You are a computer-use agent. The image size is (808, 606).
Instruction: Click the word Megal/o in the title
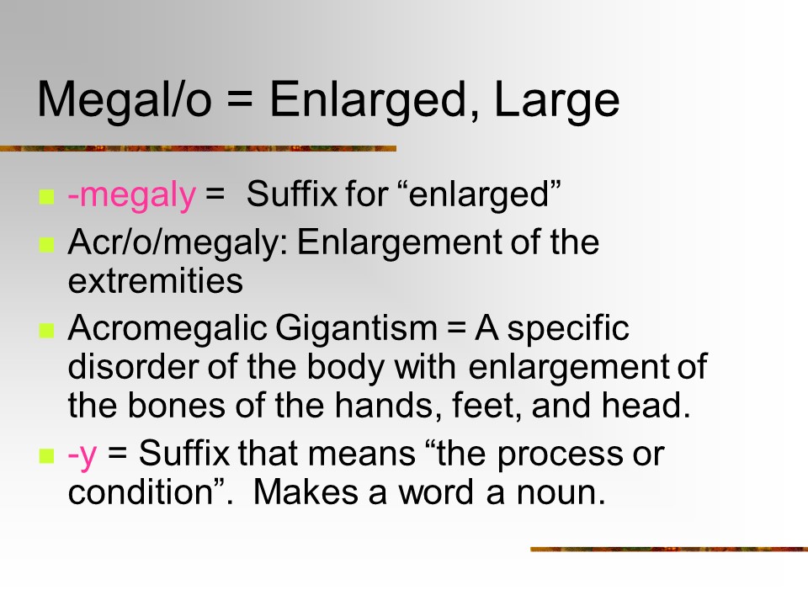click(125, 99)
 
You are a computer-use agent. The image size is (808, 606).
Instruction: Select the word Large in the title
click(556, 100)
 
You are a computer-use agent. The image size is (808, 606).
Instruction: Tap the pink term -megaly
click(132, 195)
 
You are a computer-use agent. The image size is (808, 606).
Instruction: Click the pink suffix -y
click(82, 454)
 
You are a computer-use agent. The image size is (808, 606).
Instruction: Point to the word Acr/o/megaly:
click(178, 242)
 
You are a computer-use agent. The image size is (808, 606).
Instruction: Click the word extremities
click(155, 281)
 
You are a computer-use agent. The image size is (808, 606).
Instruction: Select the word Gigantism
click(356, 328)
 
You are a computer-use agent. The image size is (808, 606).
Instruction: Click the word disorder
click(134, 367)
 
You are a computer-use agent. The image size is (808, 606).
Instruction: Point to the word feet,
click(487, 406)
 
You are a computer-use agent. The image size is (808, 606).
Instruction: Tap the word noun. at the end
click(561, 492)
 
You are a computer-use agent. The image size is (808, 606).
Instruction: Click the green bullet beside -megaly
click(46, 197)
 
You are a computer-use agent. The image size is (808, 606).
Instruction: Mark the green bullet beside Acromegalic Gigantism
click(46, 330)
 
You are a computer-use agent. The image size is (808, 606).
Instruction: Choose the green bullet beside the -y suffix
click(46, 456)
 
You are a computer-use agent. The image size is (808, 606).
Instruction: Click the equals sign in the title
click(240, 100)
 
